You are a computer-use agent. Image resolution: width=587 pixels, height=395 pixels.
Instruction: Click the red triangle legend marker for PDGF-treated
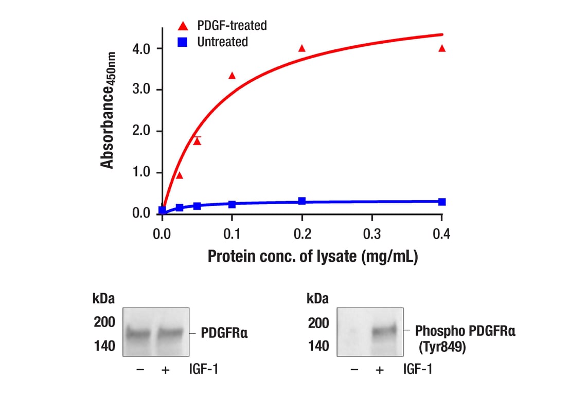coord(183,25)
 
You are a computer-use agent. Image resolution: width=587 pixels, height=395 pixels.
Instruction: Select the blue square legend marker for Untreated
coord(183,42)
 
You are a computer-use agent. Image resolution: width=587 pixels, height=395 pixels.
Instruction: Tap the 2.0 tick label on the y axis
coord(139,131)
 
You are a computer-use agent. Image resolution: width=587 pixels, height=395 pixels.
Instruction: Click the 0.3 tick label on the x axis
coord(372,234)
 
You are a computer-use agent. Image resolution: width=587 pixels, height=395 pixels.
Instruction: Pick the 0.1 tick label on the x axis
coord(232,234)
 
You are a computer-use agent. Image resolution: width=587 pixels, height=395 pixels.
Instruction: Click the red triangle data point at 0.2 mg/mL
coord(302,48)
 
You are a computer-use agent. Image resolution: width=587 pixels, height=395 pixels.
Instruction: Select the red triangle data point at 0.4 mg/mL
coord(441,48)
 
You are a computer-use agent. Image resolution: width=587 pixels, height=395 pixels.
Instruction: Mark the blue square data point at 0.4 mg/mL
coord(441,202)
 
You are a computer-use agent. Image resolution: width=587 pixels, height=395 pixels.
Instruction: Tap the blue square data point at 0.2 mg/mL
coord(302,201)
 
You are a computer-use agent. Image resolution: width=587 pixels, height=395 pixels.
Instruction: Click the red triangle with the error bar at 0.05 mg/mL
coord(197,141)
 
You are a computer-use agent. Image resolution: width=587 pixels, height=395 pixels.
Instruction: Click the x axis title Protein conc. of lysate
coord(312,257)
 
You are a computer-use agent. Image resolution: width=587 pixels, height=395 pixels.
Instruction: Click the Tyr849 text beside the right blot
coord(443,348)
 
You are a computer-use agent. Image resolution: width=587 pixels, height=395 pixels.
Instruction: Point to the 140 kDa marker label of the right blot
coord(318,346)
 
